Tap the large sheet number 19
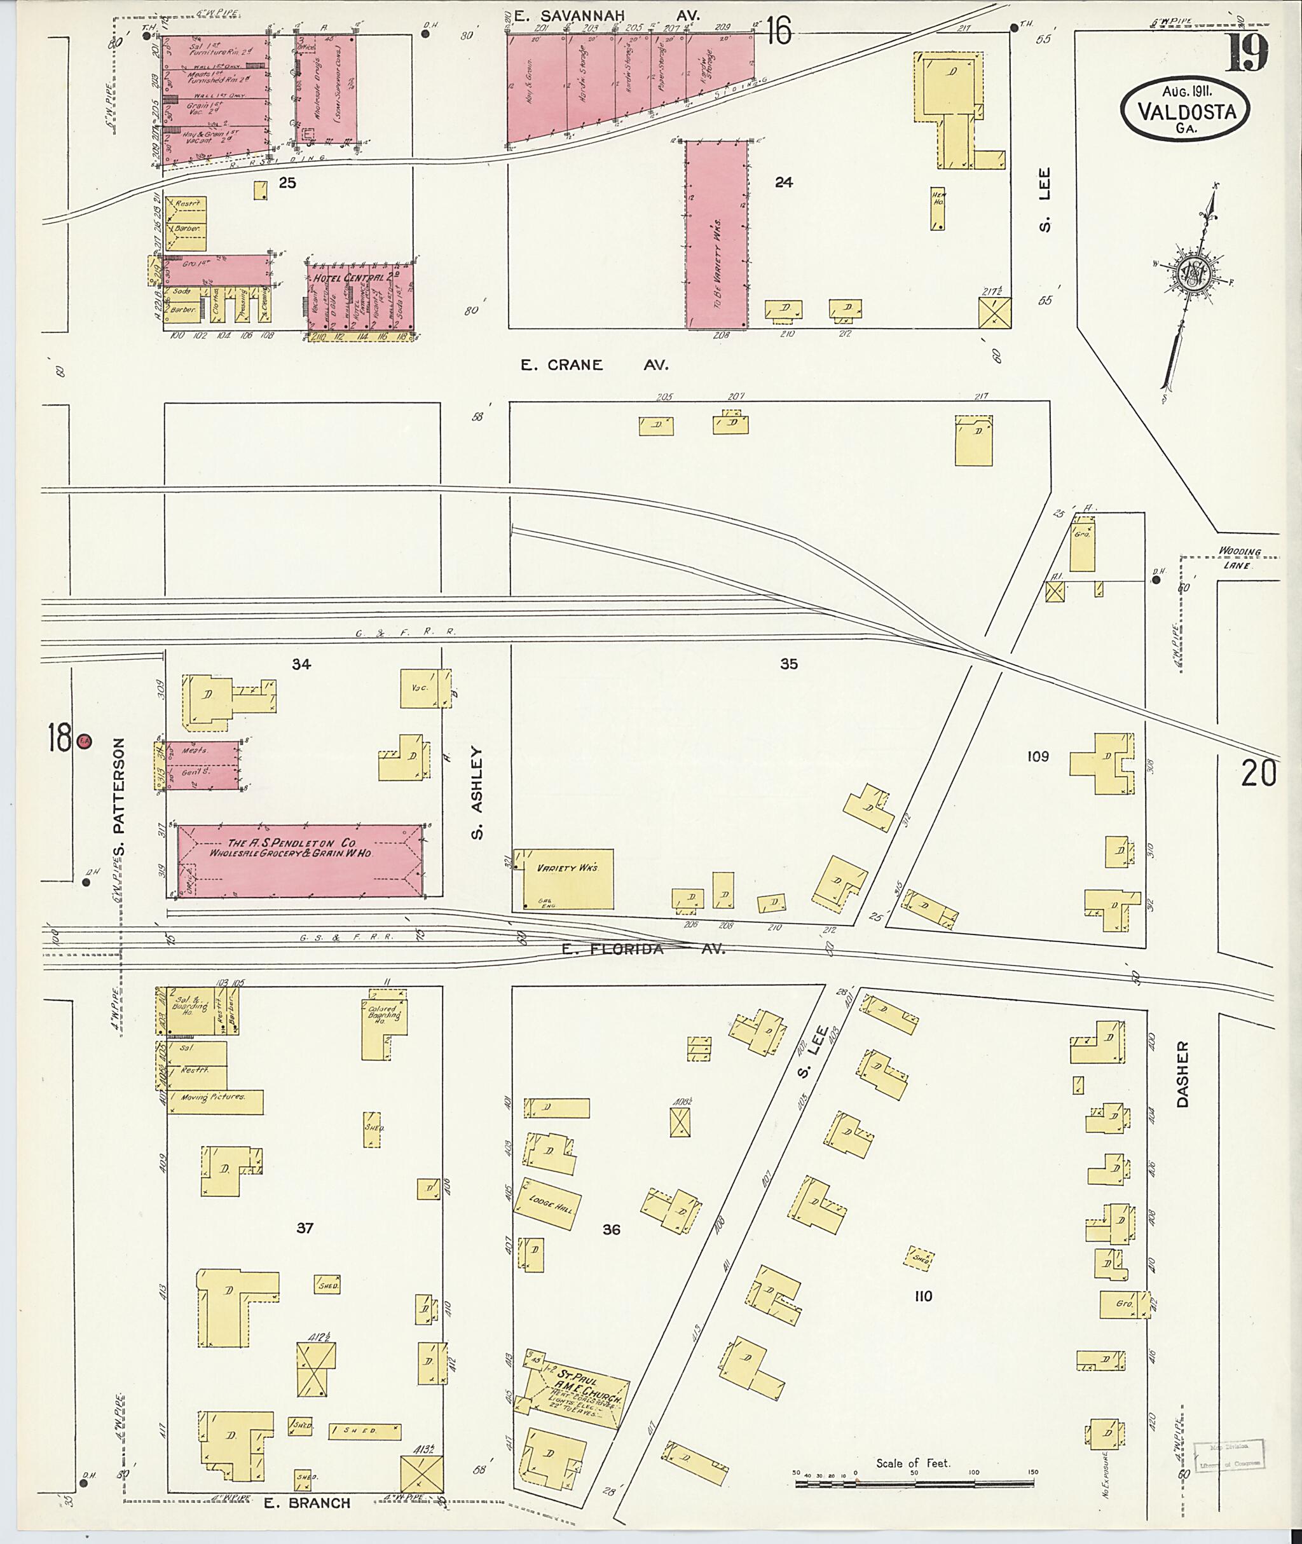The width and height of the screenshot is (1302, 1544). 1247,51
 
